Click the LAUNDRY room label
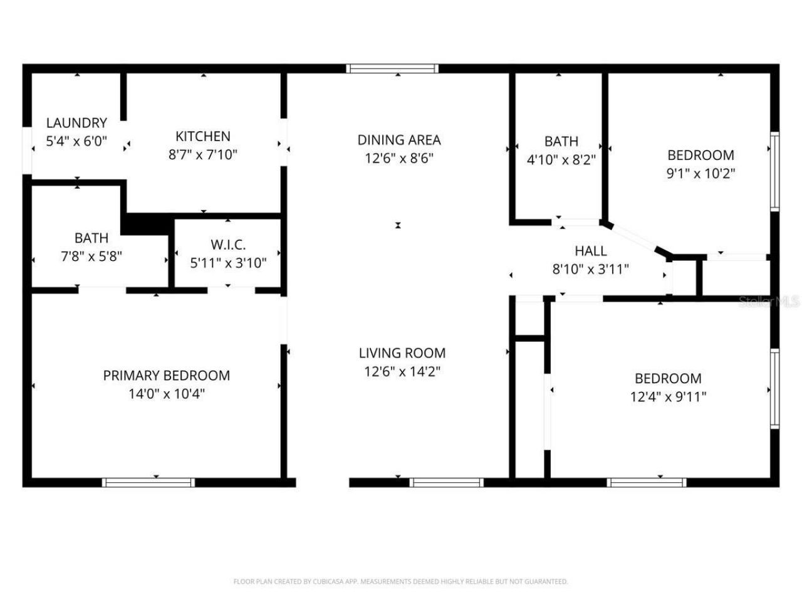76,123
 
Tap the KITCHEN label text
202,136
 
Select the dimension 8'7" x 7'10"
202,154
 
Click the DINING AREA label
399,140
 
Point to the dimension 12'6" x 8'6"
399,158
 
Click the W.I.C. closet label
228,244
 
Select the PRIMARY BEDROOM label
166,375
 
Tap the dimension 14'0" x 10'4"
166,394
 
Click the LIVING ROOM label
402,353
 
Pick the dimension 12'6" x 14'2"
402,371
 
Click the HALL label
590,251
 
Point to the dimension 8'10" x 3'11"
590,269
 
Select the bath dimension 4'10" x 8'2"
561,160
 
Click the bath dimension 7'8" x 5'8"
91,256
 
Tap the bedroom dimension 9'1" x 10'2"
700,173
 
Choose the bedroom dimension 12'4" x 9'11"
668,396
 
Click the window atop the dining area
392,68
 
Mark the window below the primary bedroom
148,482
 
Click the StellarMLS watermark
769,302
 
